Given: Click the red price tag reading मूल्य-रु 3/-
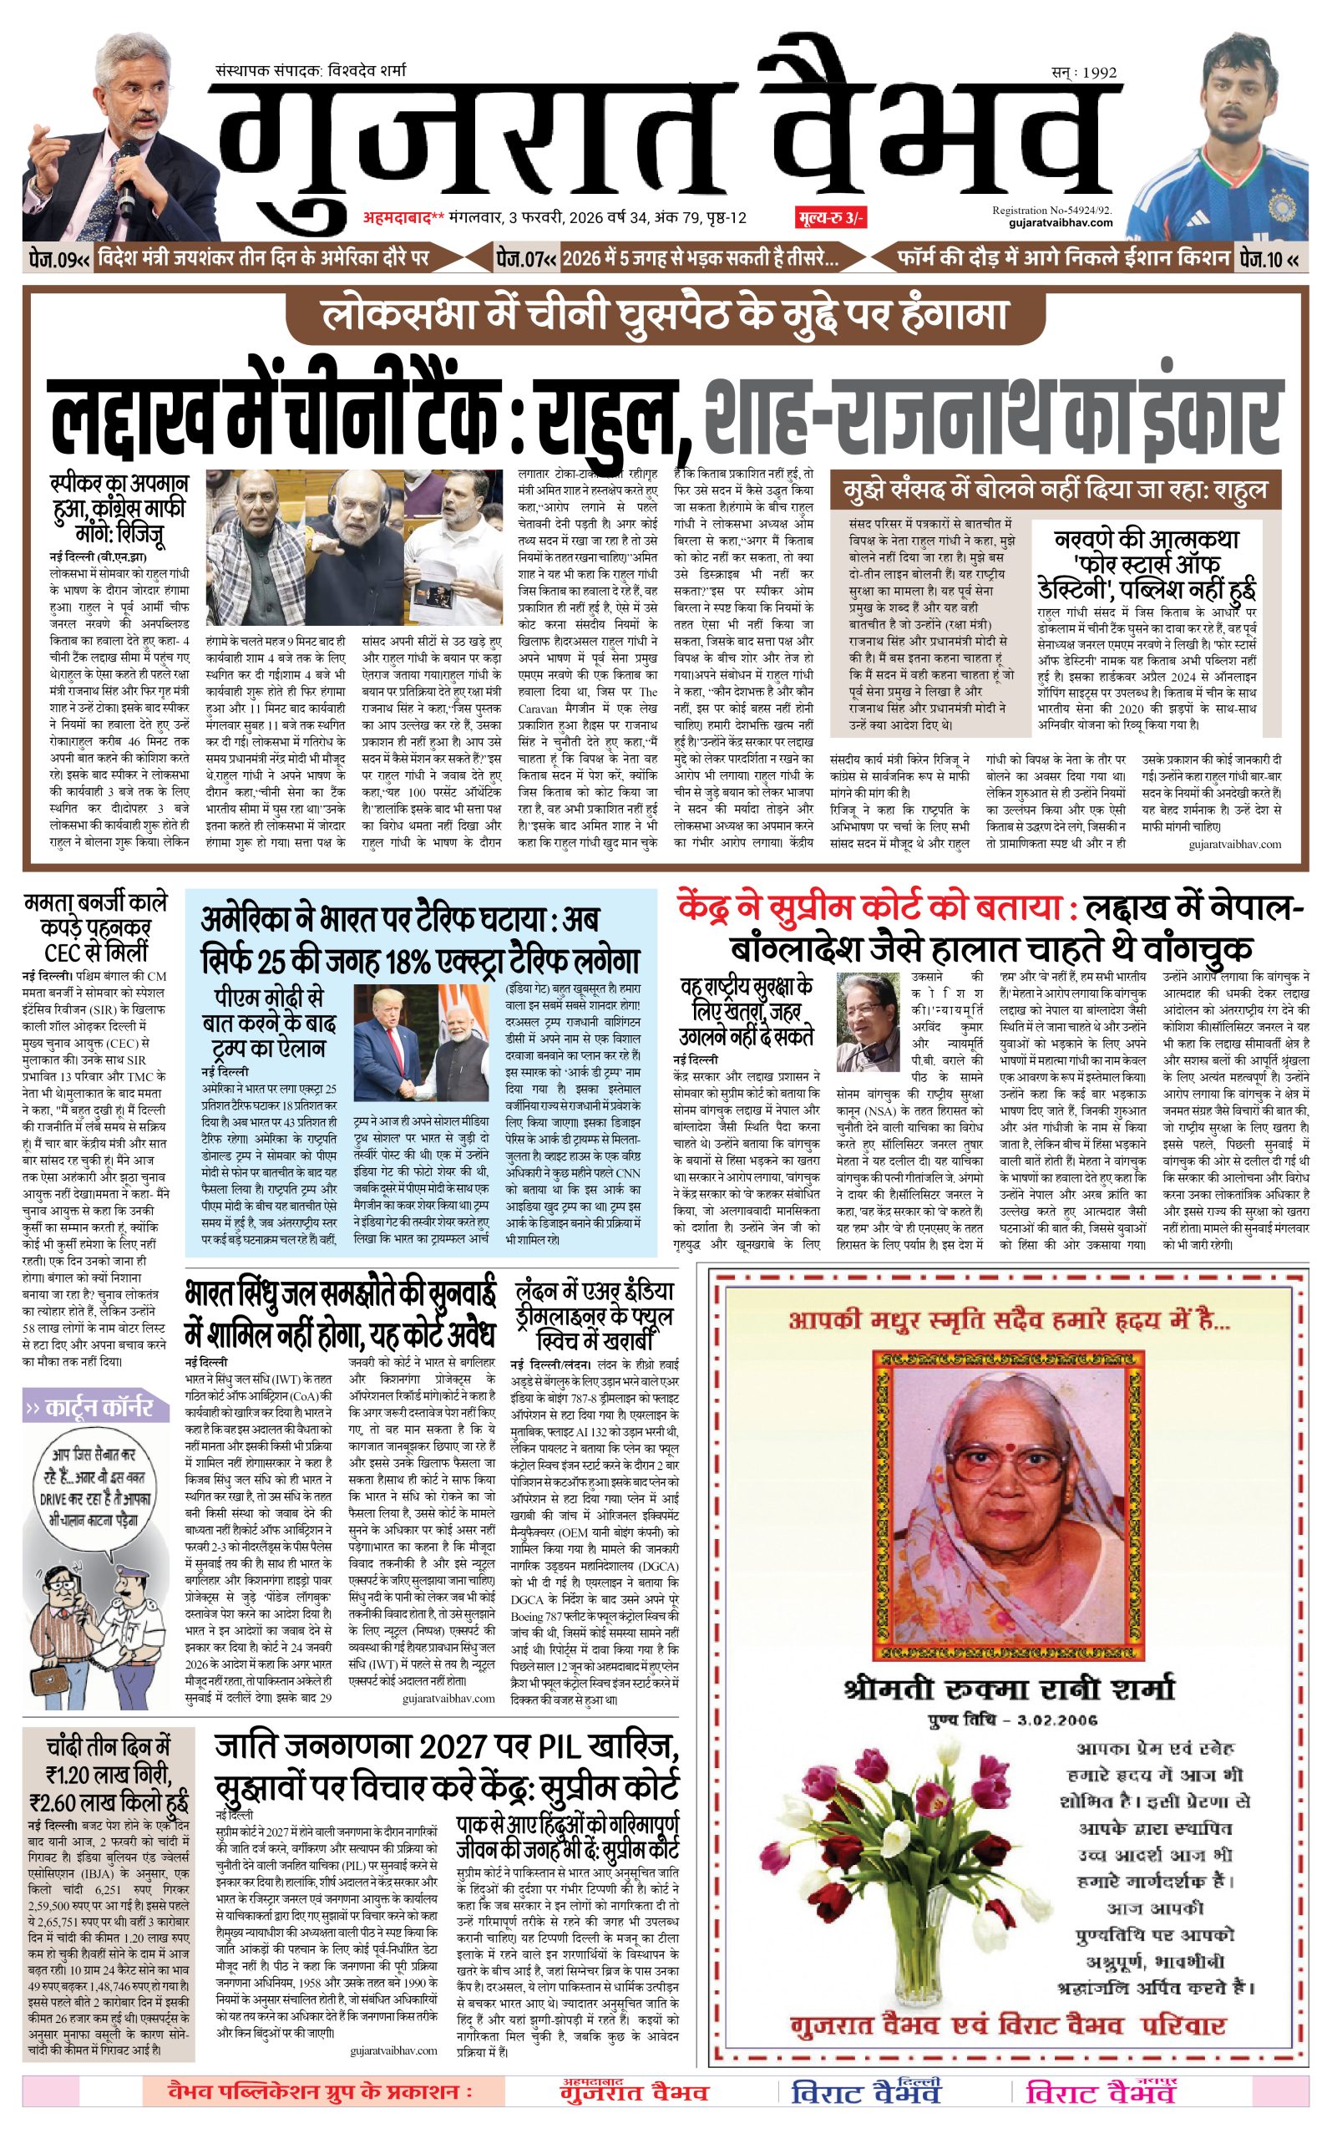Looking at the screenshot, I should pos(829,218).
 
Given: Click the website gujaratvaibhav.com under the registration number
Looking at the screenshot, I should pos(1061,223).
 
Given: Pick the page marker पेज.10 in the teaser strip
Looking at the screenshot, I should pos(1269,258).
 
